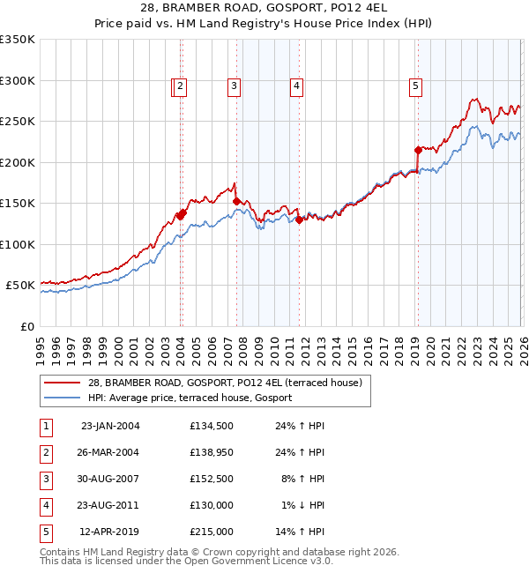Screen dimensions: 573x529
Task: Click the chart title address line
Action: point(264,7)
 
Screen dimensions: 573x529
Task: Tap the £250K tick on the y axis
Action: point(18,122)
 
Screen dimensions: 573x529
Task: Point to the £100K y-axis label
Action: point(18,244)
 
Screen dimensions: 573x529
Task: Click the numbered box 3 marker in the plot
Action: point(234,86)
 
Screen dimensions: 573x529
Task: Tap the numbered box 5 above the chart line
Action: point(414,86)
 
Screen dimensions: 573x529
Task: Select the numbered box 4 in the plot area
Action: point(296,86)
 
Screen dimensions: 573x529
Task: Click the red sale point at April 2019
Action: point(418,150)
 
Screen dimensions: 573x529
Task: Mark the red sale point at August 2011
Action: point(299,220)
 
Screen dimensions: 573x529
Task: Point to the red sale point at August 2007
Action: point(237,201)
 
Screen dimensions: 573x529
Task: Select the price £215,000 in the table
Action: point(212,532)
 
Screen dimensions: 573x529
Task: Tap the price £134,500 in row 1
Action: point(212,426)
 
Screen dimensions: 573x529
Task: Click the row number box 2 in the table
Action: point(46,452)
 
